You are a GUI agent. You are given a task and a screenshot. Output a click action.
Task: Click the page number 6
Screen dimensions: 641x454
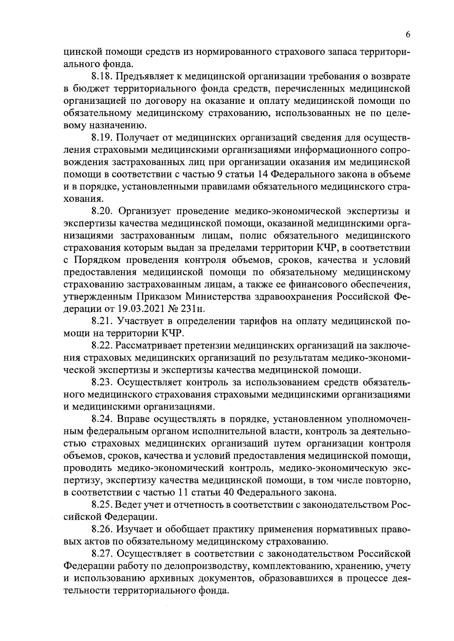pyautogui.click(x=408, y=34)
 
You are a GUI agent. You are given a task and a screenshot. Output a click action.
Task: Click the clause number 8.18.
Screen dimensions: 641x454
pyautogui.click(x=102, y=77)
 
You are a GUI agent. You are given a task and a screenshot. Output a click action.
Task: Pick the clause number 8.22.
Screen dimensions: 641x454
pyautogui.click(x=102, y=346)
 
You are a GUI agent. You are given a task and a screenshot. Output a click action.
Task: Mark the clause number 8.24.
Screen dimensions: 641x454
pyautogui.click(x=102, y=419)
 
